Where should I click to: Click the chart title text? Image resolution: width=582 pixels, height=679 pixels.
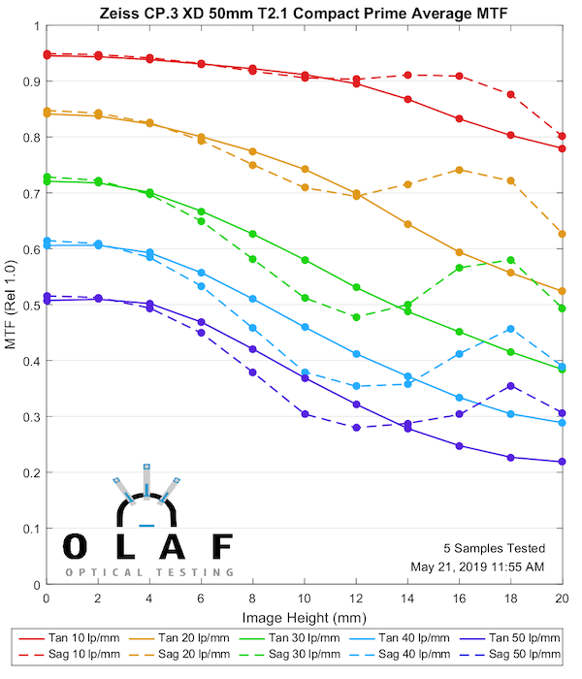tap(304, 14)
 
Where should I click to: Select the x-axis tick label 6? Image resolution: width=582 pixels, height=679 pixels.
tap(201, 602)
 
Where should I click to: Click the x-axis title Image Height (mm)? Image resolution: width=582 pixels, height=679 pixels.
tap(304, 619)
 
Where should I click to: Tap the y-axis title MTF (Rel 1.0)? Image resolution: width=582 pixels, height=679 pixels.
tap(11, 305)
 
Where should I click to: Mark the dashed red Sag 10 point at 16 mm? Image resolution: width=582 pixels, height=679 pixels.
tap(459, 76)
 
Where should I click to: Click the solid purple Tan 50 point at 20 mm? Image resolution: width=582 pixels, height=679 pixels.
tap(563, 462)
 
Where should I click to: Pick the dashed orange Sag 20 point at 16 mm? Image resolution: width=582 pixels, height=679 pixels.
tap(459, 170)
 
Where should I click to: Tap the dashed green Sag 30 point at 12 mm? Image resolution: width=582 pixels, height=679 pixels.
tap(356, 317)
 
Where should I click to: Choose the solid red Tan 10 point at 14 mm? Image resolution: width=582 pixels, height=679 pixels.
tap(407, 99)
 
